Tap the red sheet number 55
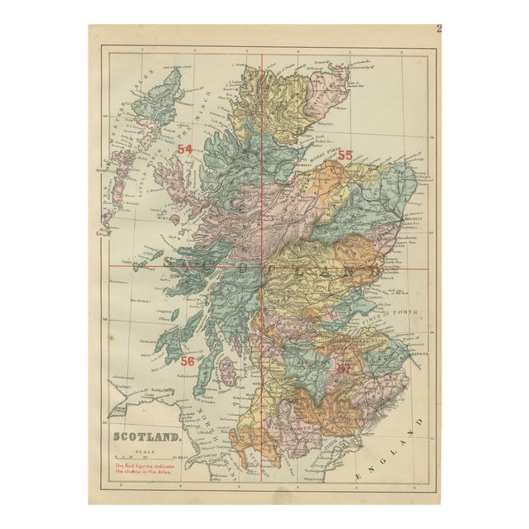point(345,155)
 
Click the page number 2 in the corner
point(439,30)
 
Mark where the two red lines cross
point(262,266)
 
